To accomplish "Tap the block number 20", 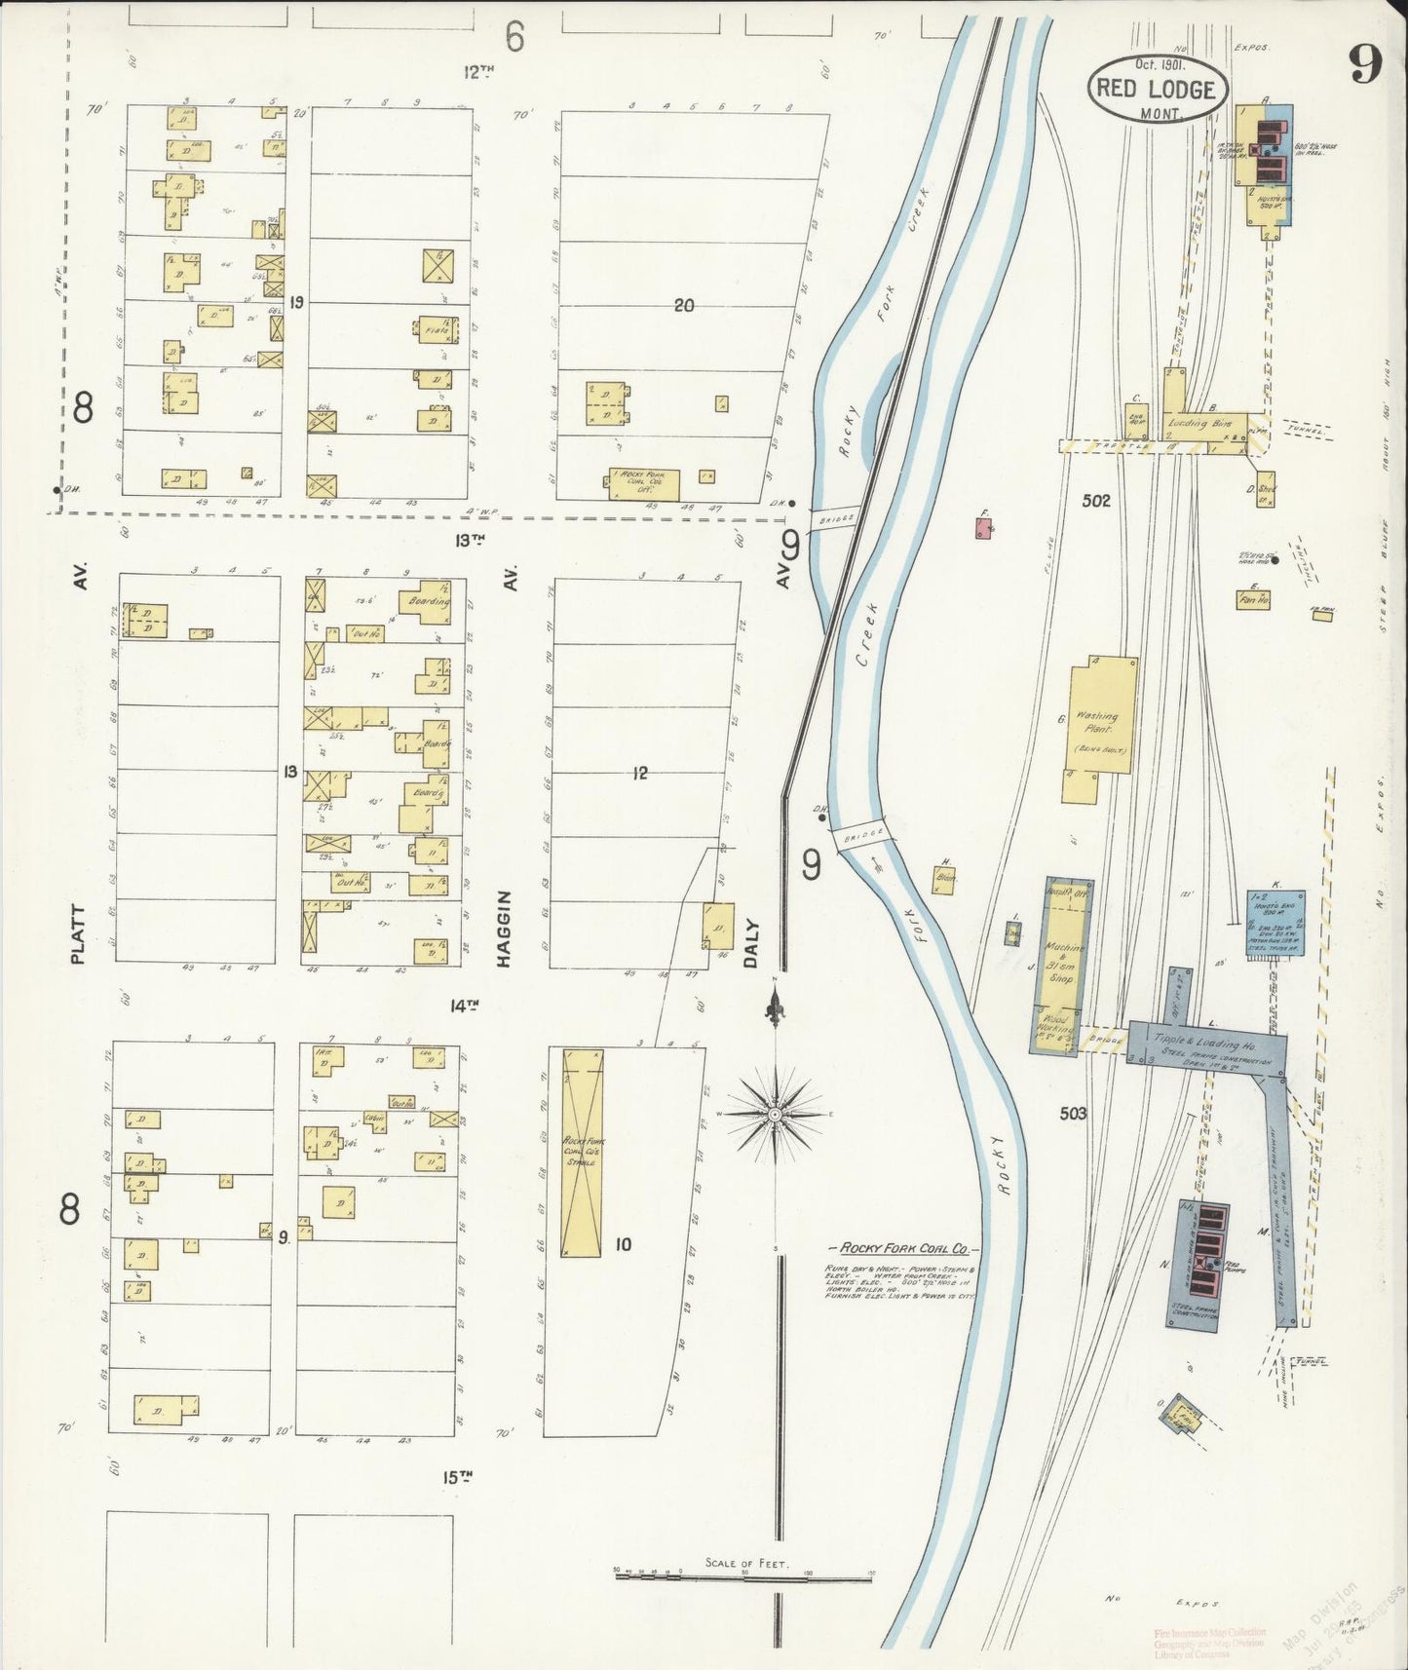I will click(x=683, y=305).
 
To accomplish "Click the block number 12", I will click(x=639, y=774).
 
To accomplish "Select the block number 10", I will click(x=623, y=1243).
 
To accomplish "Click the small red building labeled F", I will click(x=984, y=528).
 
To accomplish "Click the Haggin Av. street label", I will click(x=504, y=929).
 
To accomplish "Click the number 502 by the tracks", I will click(x=1096, y=501).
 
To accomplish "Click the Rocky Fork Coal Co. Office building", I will click(x=644, y=483).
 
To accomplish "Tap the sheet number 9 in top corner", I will click(x=1365, y=65).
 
